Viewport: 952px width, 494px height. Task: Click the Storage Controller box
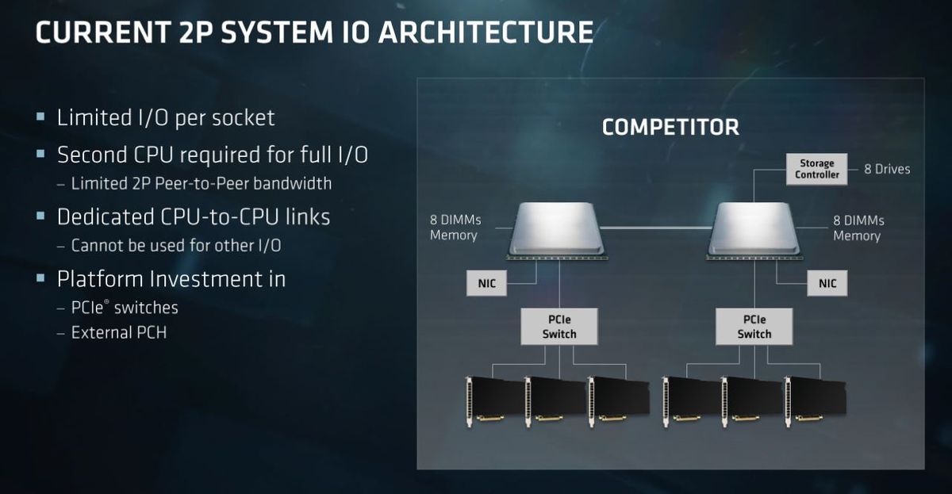[816, 169]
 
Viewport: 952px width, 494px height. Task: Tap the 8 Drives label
[887, 169]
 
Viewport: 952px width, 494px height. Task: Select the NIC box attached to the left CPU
[486, 283]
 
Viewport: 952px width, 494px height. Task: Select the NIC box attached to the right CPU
[827, 283]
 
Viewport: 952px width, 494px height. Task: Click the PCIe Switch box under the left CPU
[559, 326]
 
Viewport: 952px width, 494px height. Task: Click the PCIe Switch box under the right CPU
[754, 326]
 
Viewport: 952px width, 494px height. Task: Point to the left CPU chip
[557, 230]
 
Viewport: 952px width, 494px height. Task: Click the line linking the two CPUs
[657, 228]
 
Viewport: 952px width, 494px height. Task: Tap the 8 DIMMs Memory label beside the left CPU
[455, 228]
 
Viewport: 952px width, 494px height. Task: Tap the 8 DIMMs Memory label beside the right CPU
[858, 228]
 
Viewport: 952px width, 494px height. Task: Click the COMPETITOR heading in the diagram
[670, 128]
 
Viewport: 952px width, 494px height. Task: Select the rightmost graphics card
[816, 401]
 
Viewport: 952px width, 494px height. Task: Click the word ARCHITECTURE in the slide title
[486, 33]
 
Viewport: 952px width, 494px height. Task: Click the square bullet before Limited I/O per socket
[40, 117]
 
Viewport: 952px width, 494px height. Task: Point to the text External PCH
[119, 332]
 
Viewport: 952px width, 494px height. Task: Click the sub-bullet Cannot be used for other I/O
[176, 246]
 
